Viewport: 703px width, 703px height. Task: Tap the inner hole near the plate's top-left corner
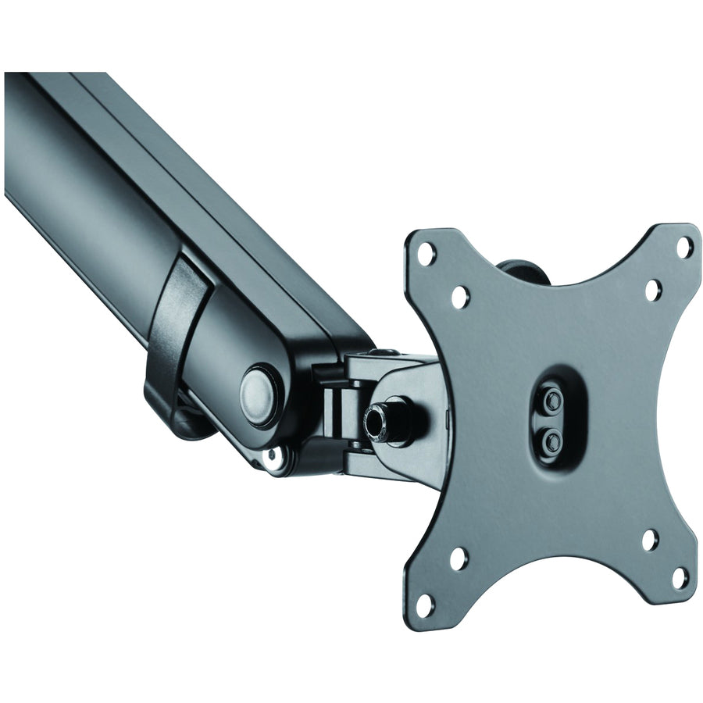coord(460,297)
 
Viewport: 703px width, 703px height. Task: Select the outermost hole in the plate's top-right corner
coord(683,248)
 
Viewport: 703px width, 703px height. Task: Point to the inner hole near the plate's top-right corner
coord(652,291)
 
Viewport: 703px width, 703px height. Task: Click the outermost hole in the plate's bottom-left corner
coord(425,604)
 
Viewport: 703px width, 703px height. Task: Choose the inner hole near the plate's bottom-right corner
coord(650,540)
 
